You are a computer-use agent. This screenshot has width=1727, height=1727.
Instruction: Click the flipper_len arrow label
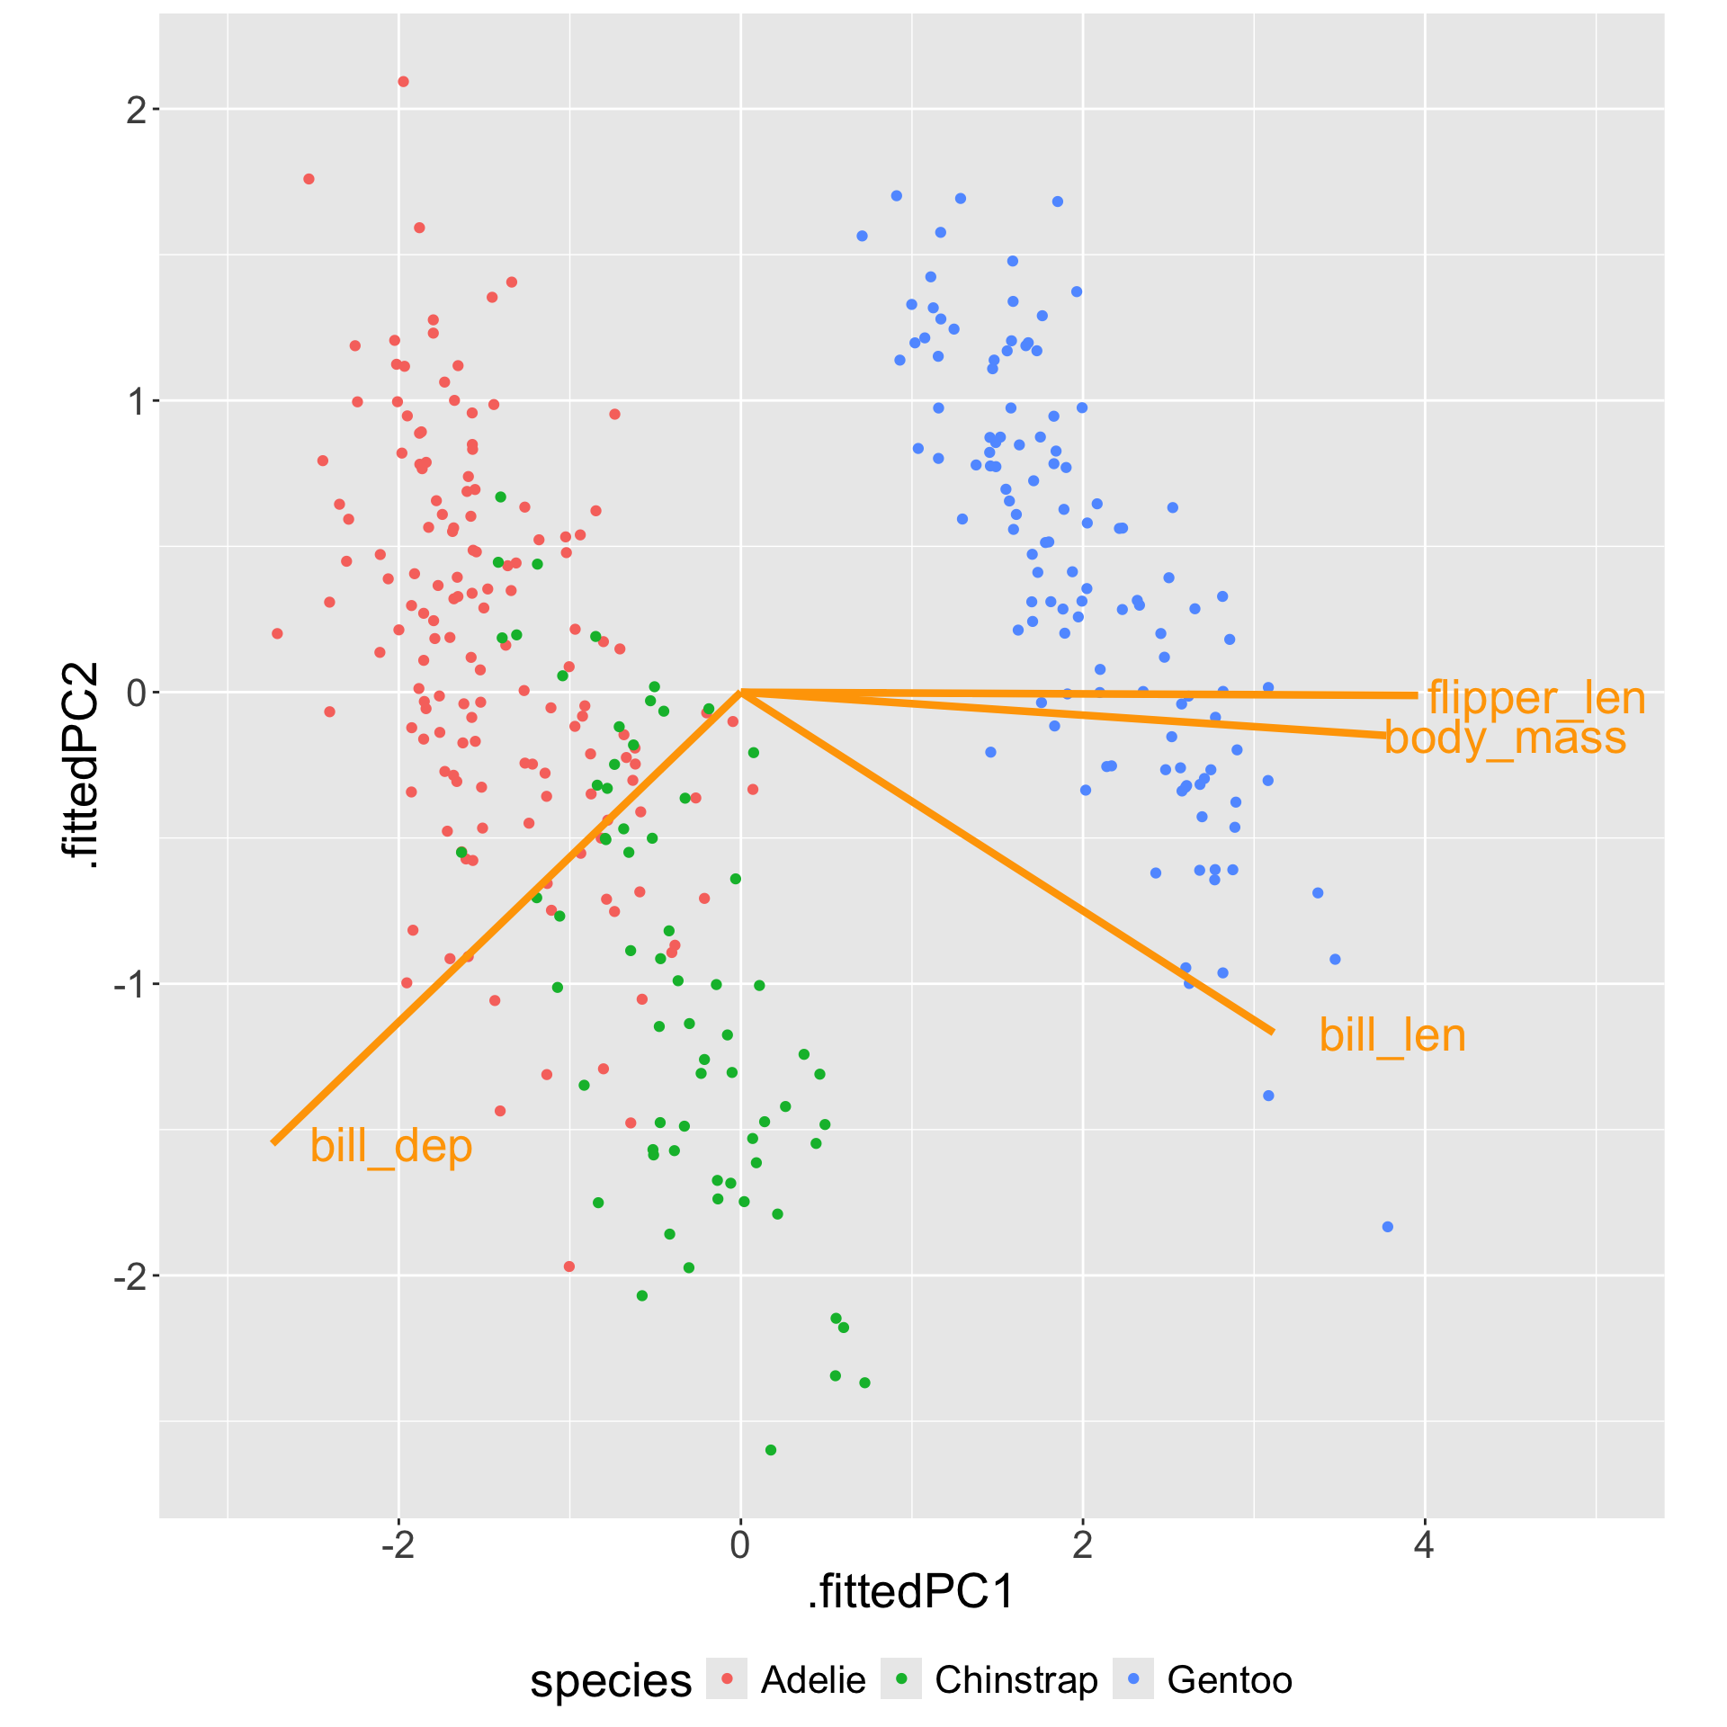[1536, 699]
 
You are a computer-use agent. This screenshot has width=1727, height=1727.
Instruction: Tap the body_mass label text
[1505, 738]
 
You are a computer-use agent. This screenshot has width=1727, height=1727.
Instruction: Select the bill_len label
[1391, 1035]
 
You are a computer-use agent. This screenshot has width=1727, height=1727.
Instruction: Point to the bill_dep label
[390, 1146]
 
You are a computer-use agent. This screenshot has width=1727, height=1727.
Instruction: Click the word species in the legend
[611, 1680]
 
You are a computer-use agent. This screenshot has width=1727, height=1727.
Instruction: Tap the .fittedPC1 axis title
[911, 1591]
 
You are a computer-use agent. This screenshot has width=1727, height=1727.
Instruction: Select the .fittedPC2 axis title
[79, 765]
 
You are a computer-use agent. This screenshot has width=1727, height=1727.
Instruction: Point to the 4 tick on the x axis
[1424, 1544]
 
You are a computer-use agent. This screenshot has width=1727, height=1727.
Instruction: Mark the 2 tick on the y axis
[136, 110]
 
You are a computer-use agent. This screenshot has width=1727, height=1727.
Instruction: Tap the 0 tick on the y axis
[136, 693]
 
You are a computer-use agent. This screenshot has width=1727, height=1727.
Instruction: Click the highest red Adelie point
[403, 82]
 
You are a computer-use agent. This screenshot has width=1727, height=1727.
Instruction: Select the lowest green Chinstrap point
[770, 1450]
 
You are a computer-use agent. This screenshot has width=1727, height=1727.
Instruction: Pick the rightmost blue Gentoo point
[1387, 1227]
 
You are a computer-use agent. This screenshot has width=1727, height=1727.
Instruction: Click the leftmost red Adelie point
[277, 634]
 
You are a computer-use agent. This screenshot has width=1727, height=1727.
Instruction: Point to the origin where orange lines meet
[740, 692]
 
